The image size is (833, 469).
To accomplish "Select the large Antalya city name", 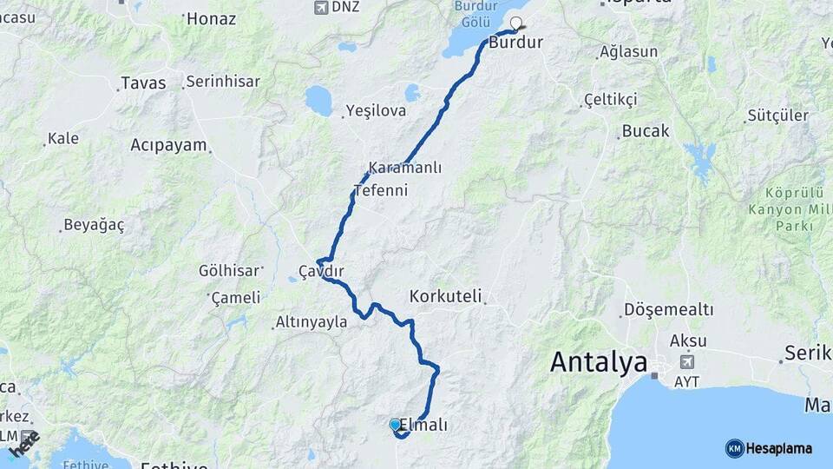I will click(x=599, y=361).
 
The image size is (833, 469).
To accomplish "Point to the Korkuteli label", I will click(x=445, y=296).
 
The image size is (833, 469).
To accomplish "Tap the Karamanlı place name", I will click(x=404, y=168).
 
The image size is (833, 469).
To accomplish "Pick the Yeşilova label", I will click(x=376, y=110).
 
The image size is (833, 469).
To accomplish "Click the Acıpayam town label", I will click(x=168, y=145).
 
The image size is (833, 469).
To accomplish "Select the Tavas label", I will click(x=143, y=83).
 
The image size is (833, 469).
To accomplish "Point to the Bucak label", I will click(x=646, y=131).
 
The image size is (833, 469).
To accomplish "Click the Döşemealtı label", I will click(x=668, y=310).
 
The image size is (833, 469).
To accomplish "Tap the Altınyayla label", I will click(x=311, y=321).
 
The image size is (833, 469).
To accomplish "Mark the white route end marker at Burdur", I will click(x=516, y=23).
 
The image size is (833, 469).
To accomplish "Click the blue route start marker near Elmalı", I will click(x=396, y=424).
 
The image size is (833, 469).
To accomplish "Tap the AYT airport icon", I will click(x=689, y=361).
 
